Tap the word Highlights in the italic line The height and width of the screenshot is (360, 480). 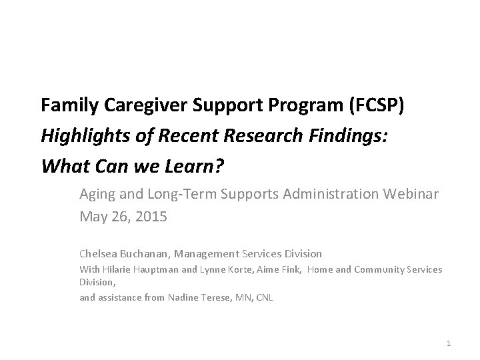tap(81, 135)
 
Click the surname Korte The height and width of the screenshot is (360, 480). tap(244, 269)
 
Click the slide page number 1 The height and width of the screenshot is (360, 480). tap(449, 343)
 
